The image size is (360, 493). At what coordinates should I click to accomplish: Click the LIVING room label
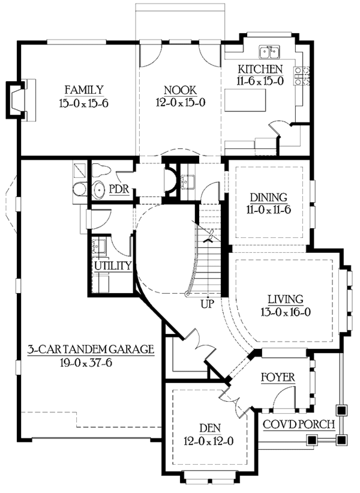pos(285,298)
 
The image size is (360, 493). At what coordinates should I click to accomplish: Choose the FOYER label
pos(277,377)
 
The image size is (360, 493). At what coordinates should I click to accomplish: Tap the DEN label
pos(209,428)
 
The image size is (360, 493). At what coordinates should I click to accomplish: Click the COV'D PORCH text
pos(299,424)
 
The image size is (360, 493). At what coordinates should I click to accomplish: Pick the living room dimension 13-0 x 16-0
pos(285,312)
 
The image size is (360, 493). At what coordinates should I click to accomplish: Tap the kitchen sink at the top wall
pos(271,50)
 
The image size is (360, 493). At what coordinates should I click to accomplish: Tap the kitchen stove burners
pos(302,74)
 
